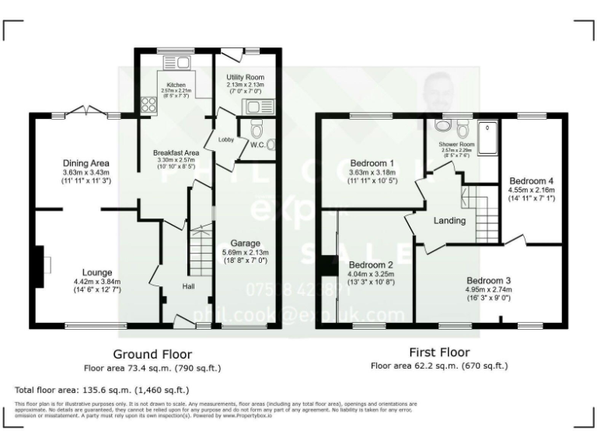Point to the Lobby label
coord(225,140)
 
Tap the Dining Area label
coord(86,163)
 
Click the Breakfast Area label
coord(176,152)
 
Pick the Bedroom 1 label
coord(370,163)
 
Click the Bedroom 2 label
coord(370,264)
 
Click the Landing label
coord(449,220)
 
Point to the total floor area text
coord(101,389)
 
